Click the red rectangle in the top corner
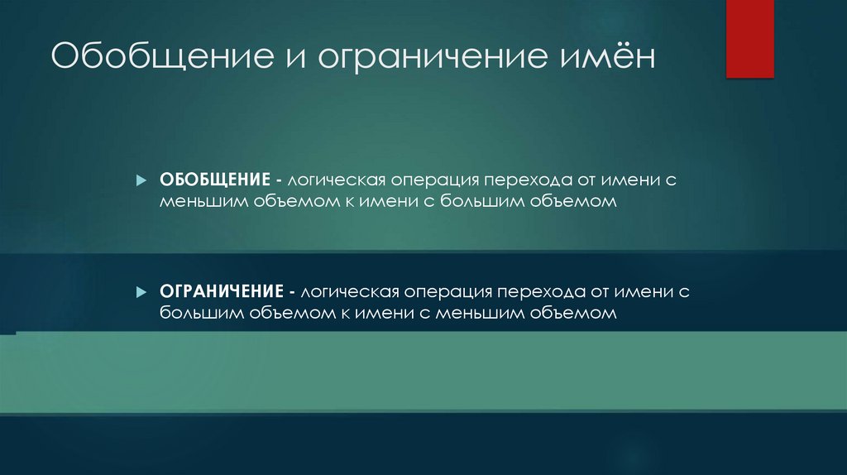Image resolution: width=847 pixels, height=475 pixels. coord(749,39)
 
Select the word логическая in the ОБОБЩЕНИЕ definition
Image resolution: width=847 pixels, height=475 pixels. coord(337,180)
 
